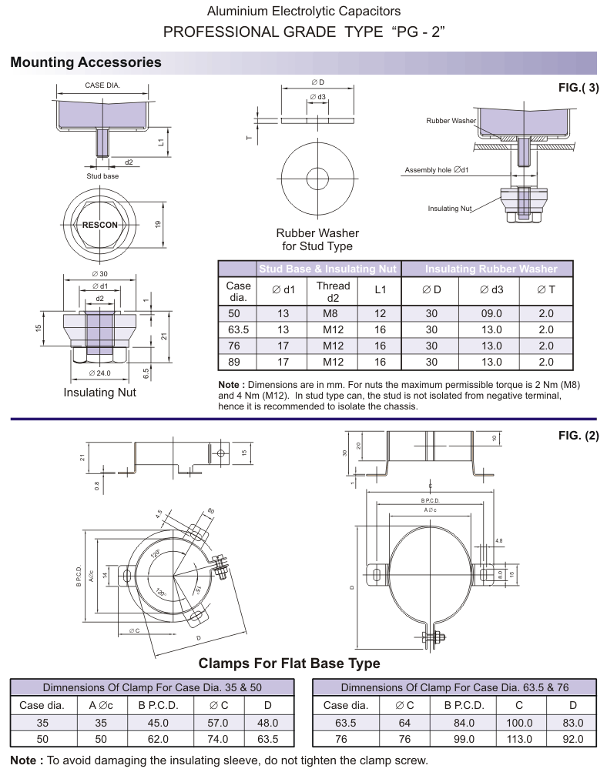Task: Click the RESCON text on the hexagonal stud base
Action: tap(100, 226)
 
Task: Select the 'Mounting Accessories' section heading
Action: tap(86, 62)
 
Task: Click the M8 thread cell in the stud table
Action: tap(333, 313)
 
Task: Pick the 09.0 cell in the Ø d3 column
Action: tap(490, 313)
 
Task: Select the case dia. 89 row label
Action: tap(238, 362)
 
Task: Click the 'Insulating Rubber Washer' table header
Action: tap(490, 269)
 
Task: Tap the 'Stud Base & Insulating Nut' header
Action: tap(328, 269)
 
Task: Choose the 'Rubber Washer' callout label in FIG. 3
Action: tap(451, 121)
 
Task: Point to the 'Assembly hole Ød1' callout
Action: tap(437, 169)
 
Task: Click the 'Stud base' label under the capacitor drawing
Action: tap(102, 176)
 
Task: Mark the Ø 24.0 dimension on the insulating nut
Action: tap(100, 373)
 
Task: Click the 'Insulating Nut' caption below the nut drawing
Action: tap(100, 393)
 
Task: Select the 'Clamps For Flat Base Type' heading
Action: tap(289, 663)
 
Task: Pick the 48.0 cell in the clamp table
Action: tap(267, 723)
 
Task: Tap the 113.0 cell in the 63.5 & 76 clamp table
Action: tap(519, 739)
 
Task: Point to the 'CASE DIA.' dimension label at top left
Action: tap(102, 85)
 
